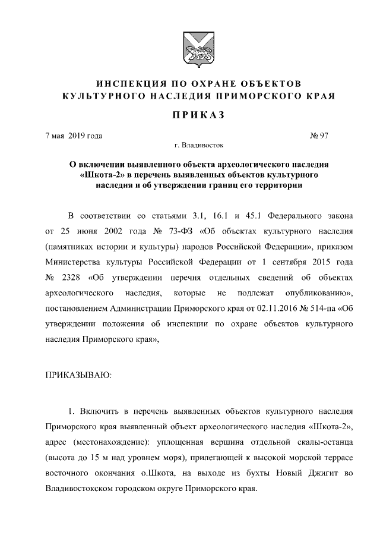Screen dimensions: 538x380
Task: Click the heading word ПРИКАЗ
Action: pyautogui.click(x=189, y=115)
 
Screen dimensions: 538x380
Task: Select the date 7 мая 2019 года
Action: pyautogui.click(x=74, y=136)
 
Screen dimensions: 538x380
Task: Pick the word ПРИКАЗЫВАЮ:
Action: pyautogui.click(x=78, y=375)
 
